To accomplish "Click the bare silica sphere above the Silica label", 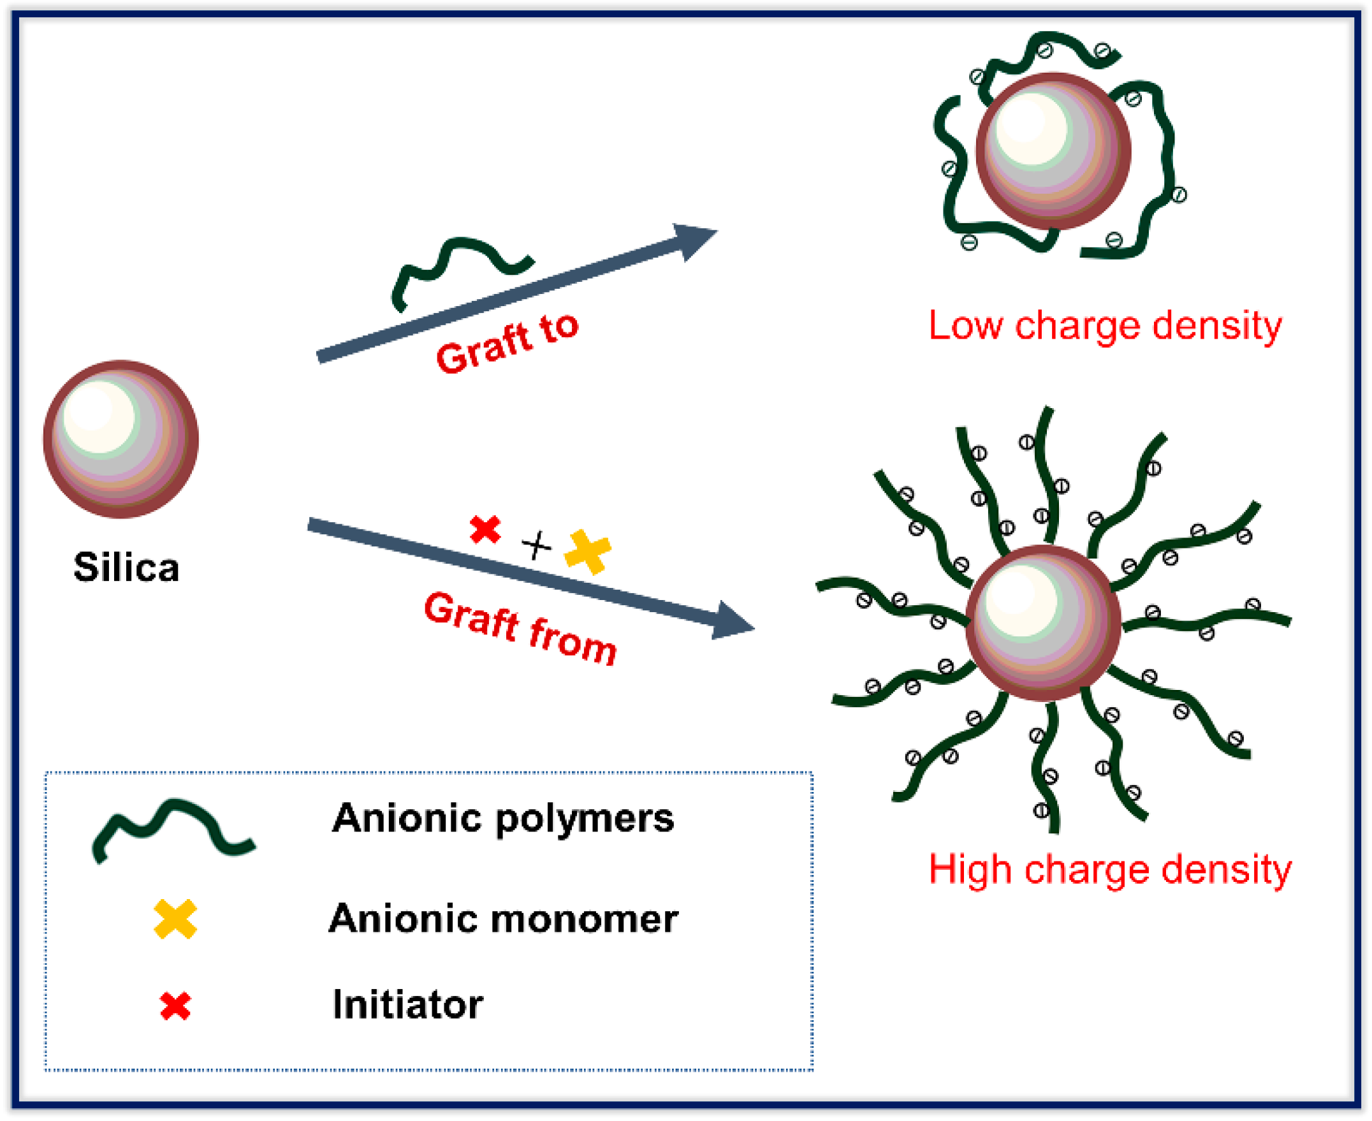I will tap(120, 439).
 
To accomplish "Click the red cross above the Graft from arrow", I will tap(485, 529).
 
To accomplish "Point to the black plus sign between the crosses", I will tap(537, 546).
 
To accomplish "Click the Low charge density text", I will tap(1105, 326).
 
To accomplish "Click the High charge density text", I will tap(1110, 870).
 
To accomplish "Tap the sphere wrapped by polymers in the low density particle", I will tap(1053, 151).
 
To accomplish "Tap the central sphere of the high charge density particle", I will tap(1044, 622).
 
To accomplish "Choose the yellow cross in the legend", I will tap(175, 920).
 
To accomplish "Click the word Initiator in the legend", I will tap(407, 1006).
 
